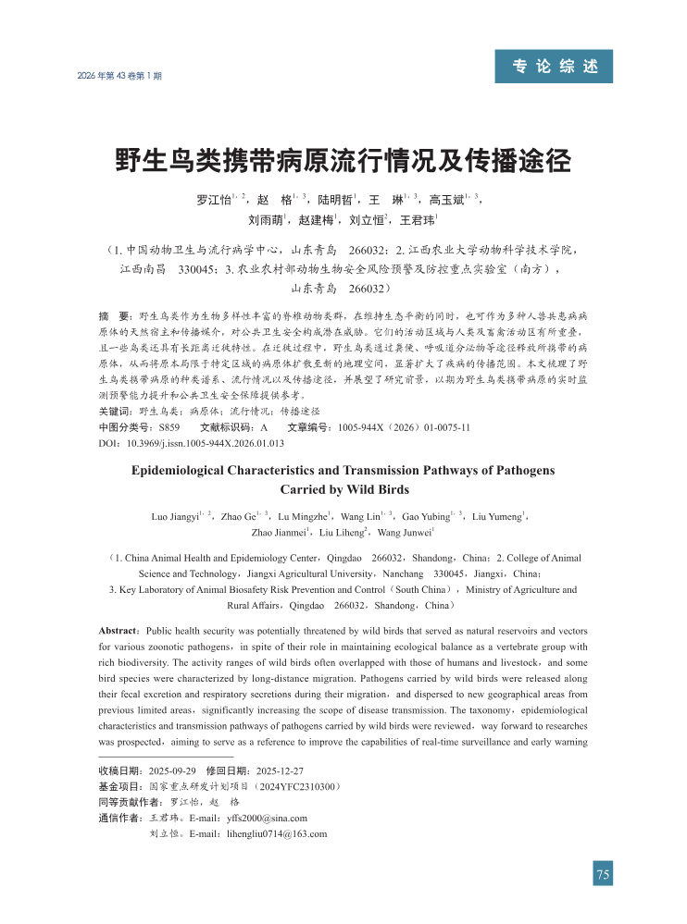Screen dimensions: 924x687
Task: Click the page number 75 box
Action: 603,874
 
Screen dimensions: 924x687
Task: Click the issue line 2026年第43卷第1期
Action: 119,76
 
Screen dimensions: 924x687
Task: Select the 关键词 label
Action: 115,410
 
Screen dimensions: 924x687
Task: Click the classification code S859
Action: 169,427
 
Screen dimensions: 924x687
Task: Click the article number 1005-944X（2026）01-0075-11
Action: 404,427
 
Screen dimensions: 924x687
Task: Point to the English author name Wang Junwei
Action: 404,534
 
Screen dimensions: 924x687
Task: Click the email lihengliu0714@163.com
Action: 277,833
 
